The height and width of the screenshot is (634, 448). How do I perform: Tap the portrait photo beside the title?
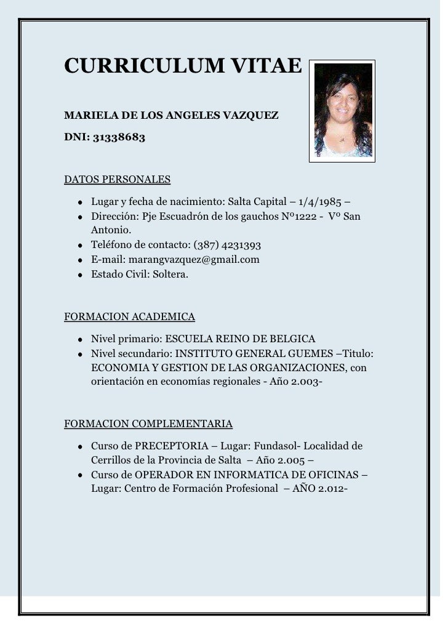point(342,111)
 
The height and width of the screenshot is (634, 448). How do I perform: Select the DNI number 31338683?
point(119,138)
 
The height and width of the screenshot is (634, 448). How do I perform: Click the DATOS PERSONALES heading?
point(118,180)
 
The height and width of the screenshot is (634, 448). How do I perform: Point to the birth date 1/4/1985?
point(321,202)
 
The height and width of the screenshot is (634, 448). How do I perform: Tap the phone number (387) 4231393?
point(227,245)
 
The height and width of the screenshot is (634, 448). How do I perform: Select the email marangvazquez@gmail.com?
point(194,260)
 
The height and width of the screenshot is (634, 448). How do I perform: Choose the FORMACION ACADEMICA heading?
point(130,317)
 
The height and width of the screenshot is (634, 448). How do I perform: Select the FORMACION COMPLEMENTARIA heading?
point(148,423)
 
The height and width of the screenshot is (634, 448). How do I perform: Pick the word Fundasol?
point(274,446)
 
